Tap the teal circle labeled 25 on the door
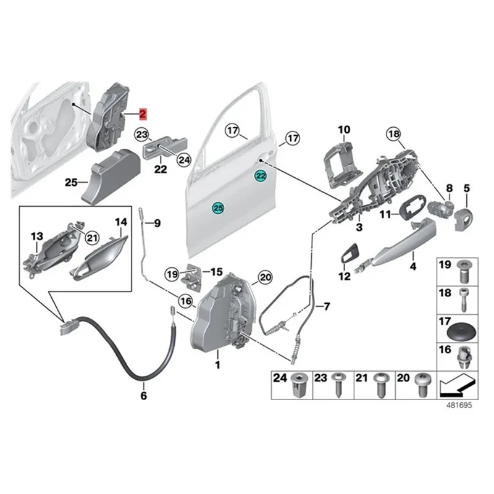coord(218,209)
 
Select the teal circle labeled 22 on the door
coord(261,176)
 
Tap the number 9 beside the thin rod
coord(157,223)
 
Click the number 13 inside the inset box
coord(37,236)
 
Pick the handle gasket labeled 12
coord(349,254)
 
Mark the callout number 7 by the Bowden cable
coord(327,306)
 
